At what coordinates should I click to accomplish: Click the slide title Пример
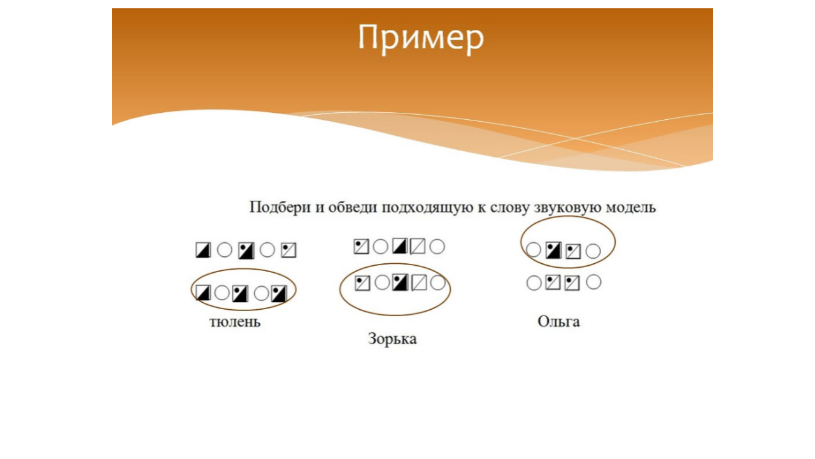pos(420,38)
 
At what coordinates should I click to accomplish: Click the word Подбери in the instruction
pos(278,207)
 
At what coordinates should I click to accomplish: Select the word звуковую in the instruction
pos(565,207)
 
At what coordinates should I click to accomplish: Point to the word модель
pos(630,207)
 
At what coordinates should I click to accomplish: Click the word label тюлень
pos(235,321)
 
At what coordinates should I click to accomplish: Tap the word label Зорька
pos(392,339)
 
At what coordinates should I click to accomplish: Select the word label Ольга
pos(558,321)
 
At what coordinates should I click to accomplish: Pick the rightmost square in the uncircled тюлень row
pos(288,251)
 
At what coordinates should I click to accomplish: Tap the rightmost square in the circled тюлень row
pos(279,293)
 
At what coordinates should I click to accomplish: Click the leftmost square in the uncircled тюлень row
pos(203,250)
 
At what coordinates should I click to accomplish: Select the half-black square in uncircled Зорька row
pos(400,246)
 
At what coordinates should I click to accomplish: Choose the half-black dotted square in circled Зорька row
pos(400,282)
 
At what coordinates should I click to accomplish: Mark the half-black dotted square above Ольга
pos(553,251)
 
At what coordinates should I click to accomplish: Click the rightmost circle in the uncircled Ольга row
pos(593,282)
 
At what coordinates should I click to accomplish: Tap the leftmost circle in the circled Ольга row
pos(534,251)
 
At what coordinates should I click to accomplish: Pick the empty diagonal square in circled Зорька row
pos(418,282)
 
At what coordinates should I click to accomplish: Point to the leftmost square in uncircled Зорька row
pos(361,246)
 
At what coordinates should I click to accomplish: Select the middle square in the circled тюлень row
pos(239,293)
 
